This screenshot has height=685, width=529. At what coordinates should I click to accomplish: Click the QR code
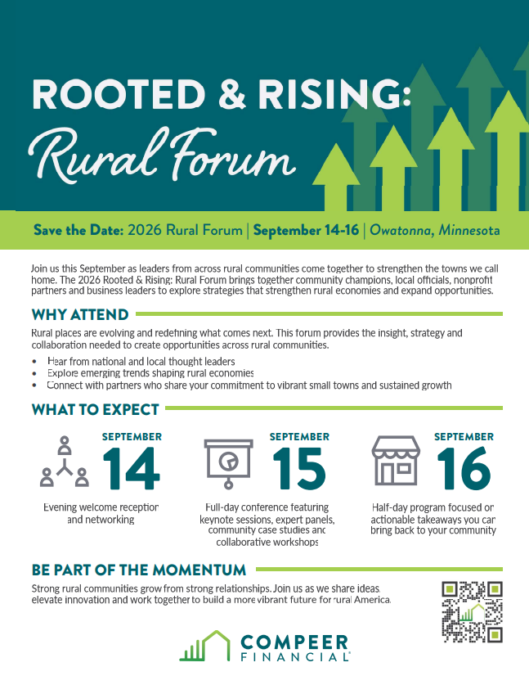tap(473, 611)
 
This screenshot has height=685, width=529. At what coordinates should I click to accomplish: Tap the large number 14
tap(132, 468)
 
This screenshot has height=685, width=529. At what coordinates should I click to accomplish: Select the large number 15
tap(299, 468)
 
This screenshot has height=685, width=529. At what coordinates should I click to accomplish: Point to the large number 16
tap(464, 468)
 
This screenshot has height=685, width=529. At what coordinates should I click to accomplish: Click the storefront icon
tap(396, 461)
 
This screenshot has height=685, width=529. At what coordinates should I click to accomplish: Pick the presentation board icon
tap(228, 463)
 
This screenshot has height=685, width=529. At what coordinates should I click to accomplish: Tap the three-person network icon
tap(65, 462)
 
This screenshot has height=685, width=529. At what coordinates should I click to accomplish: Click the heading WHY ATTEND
tap(80, 314)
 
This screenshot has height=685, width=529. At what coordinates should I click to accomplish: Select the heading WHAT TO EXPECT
tap(95, 409)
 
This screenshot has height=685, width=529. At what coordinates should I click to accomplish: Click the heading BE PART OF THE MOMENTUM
tap(139, 570)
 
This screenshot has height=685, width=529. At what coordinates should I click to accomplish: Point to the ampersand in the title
tap(231, 93)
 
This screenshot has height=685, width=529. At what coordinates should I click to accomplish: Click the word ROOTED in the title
tap(119, 93)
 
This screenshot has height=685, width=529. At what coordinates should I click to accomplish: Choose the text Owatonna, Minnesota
tap(435, 230)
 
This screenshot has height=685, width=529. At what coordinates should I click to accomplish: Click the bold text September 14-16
tap(306, 230)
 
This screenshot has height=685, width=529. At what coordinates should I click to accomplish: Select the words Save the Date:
tap(78, 230)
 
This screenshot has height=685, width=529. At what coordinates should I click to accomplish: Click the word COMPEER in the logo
tap(294, 642)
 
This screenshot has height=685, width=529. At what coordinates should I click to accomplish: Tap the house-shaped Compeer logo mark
tap(205, 646)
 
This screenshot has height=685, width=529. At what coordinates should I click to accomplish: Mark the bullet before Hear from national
tap(34, 362)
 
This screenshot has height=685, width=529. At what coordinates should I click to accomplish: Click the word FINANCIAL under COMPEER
tap(295, 656)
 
